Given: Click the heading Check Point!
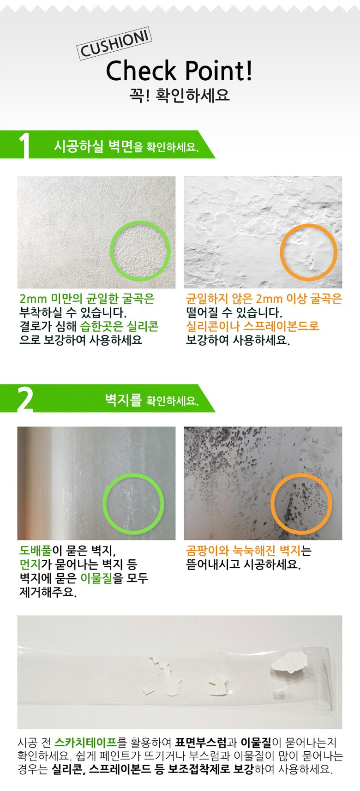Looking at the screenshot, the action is pyautogui.click(x=180, y=71).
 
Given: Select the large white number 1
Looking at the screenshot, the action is pyautogui.click(x=24, y=145).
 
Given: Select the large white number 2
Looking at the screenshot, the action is pyautogui.click(x=25, y=399).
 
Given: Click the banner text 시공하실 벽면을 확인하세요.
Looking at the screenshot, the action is pyautogui.click(x=126, y=146).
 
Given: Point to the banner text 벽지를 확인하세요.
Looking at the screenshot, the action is pyautogui.click(x=152, y=400).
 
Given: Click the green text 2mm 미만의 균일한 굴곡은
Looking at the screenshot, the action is pyautogui.click(x=87, y=299).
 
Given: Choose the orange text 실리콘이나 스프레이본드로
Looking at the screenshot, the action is pyautogui.click(x=252, y=326).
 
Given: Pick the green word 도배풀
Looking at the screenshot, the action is pyautogui.click(x=36, y=550).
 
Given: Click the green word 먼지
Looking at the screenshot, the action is pyautogui.click(x=30, y=564).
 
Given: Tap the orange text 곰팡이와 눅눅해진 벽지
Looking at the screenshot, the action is pyautogui.click(x=243, y=550).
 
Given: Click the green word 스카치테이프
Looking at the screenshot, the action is pyautogui.click(x=85, y=743).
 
